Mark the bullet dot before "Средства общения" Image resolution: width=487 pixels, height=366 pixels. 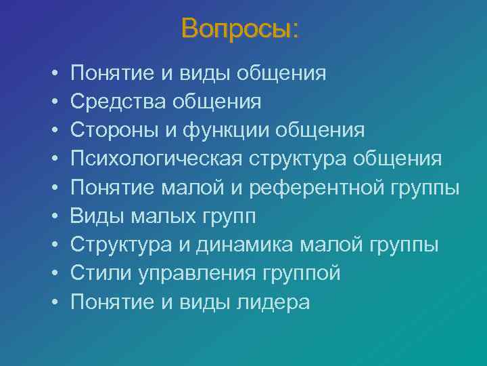[x=53, y=102]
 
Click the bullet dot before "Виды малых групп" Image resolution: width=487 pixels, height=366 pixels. [x=53, y=216]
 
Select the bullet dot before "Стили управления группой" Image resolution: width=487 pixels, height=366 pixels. [x=53, y=274]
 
